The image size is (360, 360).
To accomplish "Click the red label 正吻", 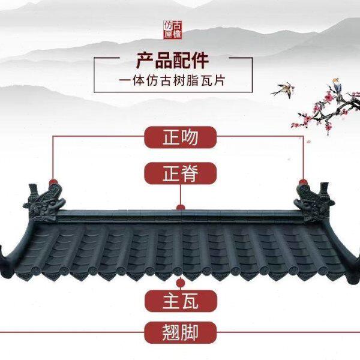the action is pyautogui.click(x=180, y=137).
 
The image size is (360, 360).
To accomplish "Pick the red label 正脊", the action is pyautogui.click(x=180, y=174).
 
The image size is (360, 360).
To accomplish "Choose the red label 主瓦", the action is pyautogui.click(x=180, y=300).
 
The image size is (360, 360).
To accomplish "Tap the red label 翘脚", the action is pyautogui.click(x=180, y=331).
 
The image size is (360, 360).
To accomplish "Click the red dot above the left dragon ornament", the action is pyautogui.click(x=53, y=180).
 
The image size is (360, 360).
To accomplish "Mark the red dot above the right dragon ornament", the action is pyautogui.click(x=302, y=180).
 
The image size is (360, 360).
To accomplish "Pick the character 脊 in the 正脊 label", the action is pyautogui.click(x=191, y=174).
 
